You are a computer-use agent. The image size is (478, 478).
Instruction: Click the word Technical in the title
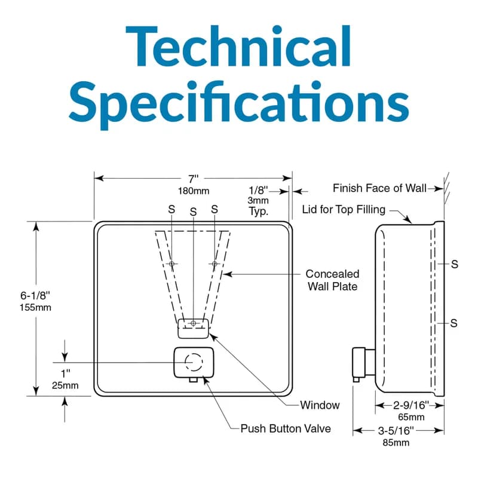coord(239,49)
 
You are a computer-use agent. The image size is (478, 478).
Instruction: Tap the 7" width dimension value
coord(192,179)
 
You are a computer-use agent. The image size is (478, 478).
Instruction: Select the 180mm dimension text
coord(192,191)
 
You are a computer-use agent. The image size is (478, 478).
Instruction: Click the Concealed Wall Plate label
coord(332,280)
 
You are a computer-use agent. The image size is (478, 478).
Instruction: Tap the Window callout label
coord(320,405)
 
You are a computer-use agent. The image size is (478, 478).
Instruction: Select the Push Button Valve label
coord(285,428)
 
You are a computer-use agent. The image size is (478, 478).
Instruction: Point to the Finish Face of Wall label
coord(379,188)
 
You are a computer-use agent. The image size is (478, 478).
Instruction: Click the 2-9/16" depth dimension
coord(410,405)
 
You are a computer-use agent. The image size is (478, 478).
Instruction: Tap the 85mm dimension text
coord(397,443)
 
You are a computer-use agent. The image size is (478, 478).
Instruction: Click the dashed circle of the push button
coord(193,362)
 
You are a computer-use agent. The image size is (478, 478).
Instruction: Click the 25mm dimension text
coord(65,385)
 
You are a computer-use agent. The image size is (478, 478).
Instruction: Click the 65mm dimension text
coord(410,416)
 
